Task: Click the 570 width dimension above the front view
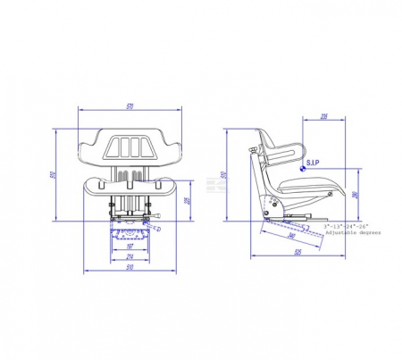(x=130, y=106)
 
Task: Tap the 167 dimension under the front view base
(x=130, y=246)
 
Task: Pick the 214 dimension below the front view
(x=130, y=255)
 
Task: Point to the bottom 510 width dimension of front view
(x=130, y=266)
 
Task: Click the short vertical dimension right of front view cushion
(x=187, y=199)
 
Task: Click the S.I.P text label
(x=313, y=163)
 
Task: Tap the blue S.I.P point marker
(x=303, y=169)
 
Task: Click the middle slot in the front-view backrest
(x=130, y=147)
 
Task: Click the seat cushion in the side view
(x=313, y=188)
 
